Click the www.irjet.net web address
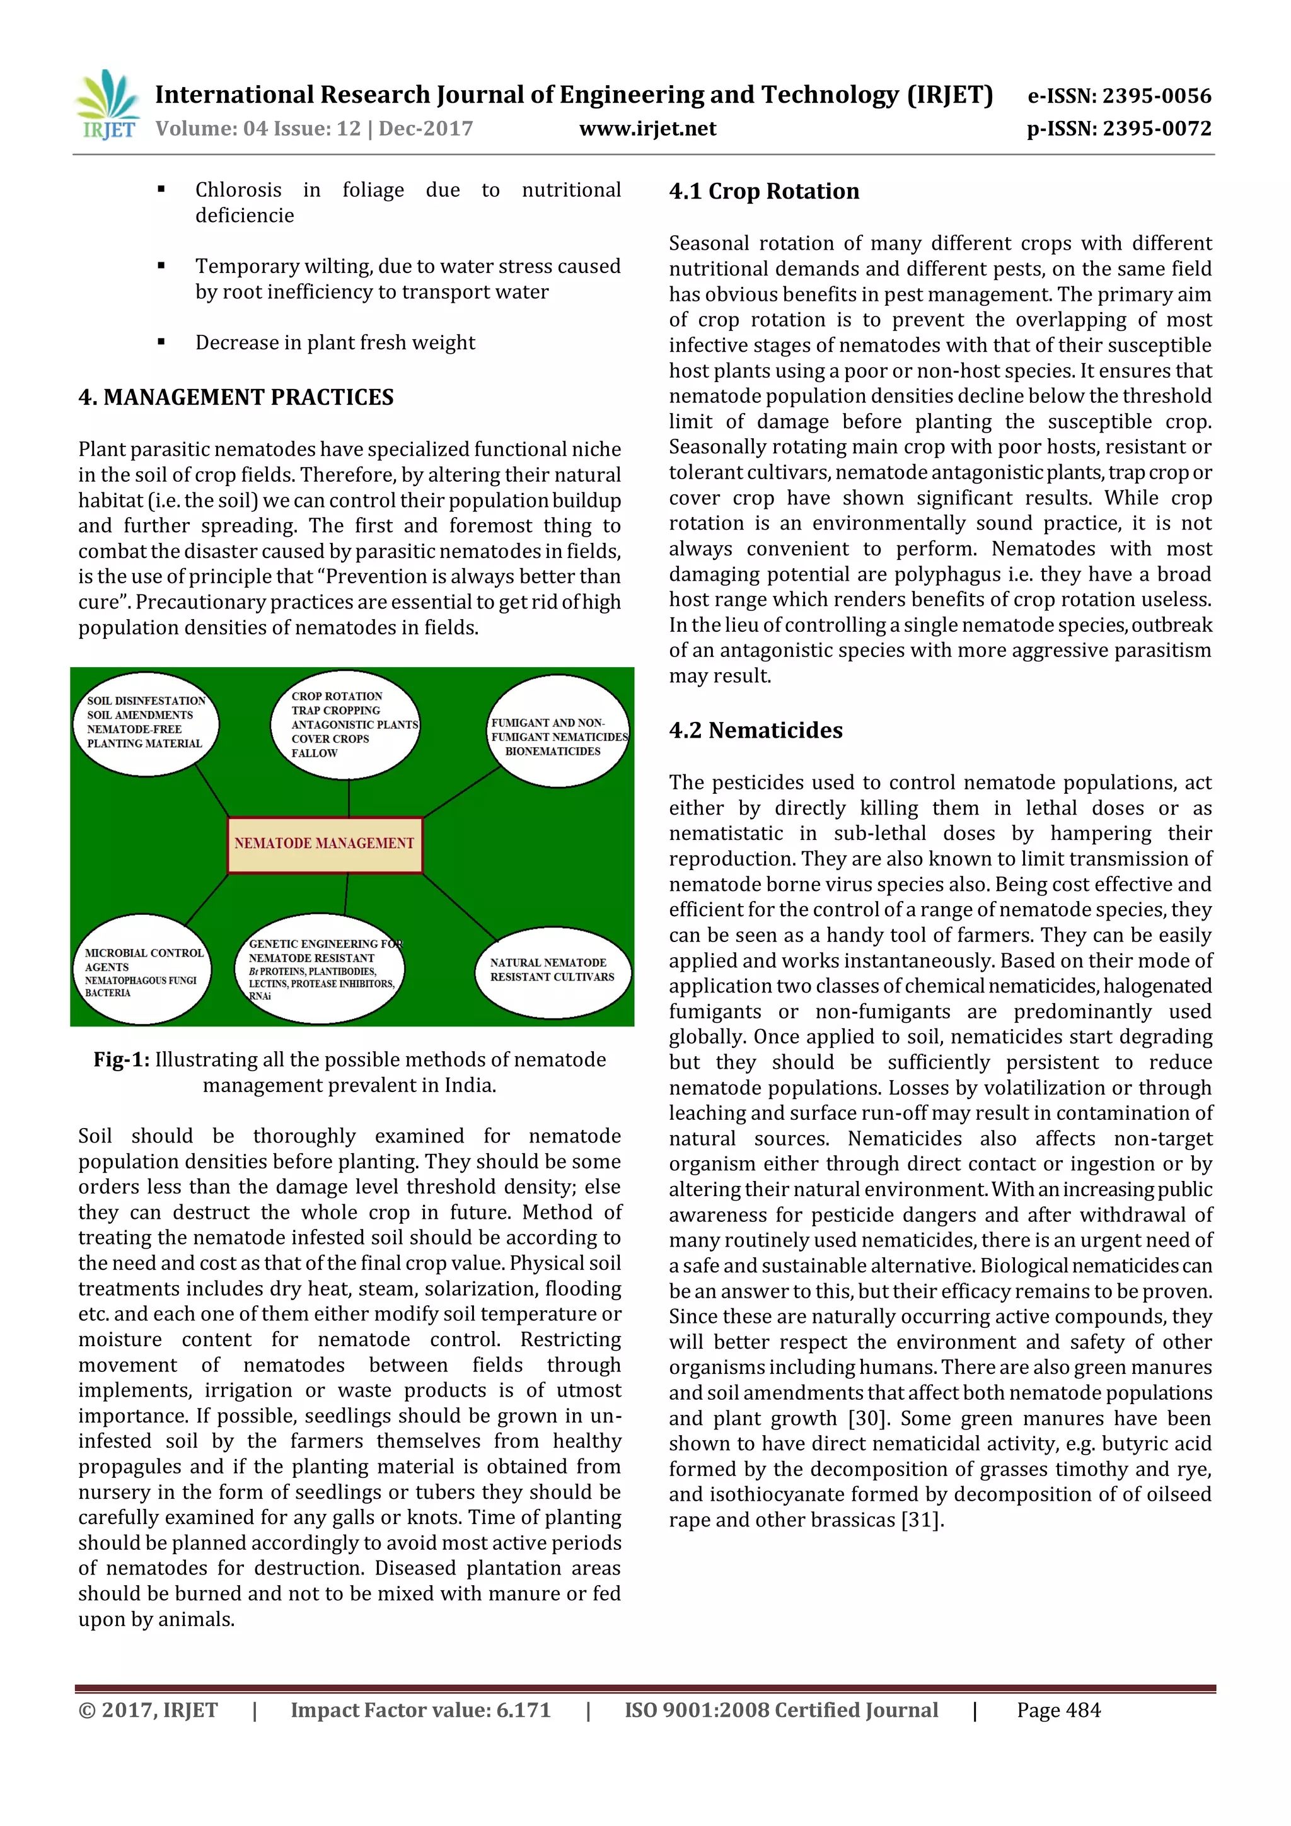[x=647, y=129]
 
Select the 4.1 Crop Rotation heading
[x=764, y=192]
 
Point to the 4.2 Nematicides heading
[x=755, y=730]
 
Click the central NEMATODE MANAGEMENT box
[x=325, y=844]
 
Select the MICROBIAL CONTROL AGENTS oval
[x=143, y=970]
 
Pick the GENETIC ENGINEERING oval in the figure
[x=321, y=968]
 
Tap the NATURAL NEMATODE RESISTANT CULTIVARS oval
[x=552, y=970]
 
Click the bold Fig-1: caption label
[x=122, y=1060]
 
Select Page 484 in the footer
[x=1058, y=1710]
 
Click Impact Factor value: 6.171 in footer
[x=420, y=1710]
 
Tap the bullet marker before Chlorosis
[x=161, y=189]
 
